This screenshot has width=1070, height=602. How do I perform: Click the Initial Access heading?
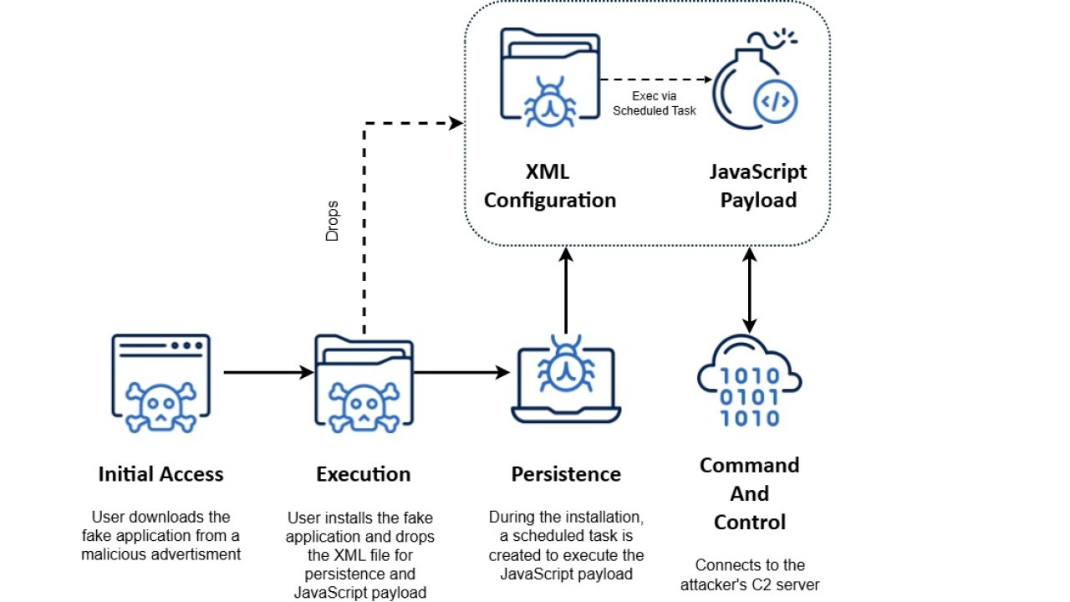pyautogui.click(x=160, y=474)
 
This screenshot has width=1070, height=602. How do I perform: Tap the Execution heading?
pyautogui.click(x=364, y=474)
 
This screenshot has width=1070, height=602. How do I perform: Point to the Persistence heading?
pyautogui.click(x=566, y=474)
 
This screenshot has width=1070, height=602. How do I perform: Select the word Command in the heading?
pyautogui.click(x=750, y=465)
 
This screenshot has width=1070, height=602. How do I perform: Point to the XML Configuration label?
pyautogui.click(x=550, y=186)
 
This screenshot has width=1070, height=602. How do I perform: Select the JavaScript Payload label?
pyautogui.click(x=758, y=186)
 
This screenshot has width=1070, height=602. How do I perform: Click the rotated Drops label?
pyautogui.click(x=333, y=221)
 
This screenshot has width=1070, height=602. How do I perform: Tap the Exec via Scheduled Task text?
pyautogui.click(x=655, y=103)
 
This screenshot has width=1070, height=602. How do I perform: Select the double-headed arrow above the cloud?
pyautogui.click(x=750, y=289)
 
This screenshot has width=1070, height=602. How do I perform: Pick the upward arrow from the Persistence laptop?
pyautogui.click(x=566, y=289)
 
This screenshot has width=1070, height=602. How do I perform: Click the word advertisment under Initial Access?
pyautogui.click(x=199, y=554)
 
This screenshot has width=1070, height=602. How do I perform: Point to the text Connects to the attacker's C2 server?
pyautogui.click(x=750, y=574)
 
